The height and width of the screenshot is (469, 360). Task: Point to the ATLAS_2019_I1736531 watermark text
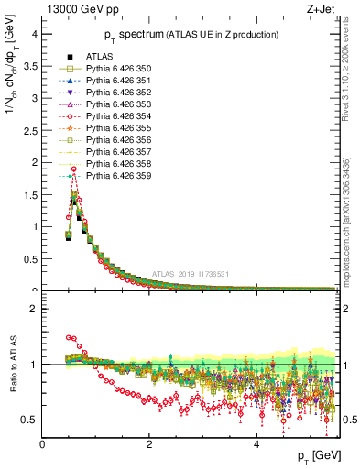click(191, 274)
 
